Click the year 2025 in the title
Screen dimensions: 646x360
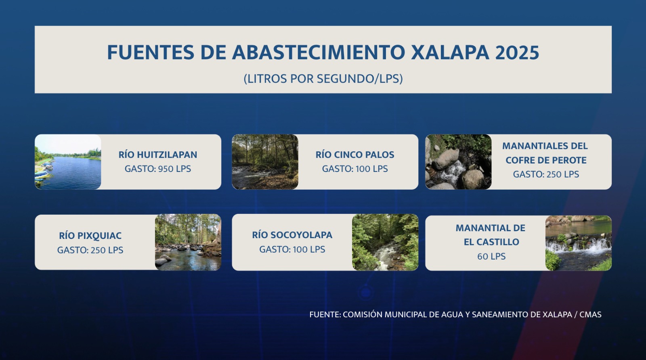tap(517, 52)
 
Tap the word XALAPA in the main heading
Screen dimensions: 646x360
tap(450, 52)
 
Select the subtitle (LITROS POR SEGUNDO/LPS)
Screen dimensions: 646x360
tap(323, 79)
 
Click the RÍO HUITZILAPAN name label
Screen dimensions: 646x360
tap(158, 155)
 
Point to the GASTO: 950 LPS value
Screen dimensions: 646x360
tap(158, 169)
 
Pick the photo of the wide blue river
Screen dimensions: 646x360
tap(68, 162)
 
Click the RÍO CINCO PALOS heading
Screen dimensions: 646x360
tap(355, 155)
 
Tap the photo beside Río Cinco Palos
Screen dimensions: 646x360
tap(265, 162)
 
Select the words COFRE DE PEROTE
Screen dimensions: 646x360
tap(546, 160)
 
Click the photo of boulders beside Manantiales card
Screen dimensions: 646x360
tap(458, 162)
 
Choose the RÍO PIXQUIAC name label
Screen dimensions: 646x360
tap(90, 236)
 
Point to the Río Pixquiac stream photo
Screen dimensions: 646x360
tap(188, 242)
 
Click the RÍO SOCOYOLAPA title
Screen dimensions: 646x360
tap(292, 235)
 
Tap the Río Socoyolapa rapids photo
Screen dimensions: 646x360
tap(385, 242)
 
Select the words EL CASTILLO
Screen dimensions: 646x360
tap(491, 242)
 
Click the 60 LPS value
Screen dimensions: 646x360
tap(491, 257)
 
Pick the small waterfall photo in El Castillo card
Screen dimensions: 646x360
tap(579, 243)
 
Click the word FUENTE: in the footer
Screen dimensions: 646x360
tap(325, 315)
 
